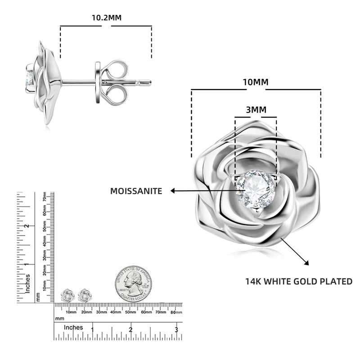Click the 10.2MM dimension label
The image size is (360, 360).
click(106, 18)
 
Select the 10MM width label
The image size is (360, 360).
click(256, 82)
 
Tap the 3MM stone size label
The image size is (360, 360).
click(256, 110)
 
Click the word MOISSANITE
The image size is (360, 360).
click(136, 191)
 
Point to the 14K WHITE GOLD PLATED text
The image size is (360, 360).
click(298, 282)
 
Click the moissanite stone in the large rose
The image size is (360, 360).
click(254, 189)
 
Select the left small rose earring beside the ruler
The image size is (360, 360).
click(67, 296)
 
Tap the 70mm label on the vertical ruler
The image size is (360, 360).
click(45, 197)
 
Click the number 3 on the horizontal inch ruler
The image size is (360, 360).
click(177, 330)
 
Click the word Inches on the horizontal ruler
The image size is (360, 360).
click(73, 328)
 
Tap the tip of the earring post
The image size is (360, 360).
click(150, 82)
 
